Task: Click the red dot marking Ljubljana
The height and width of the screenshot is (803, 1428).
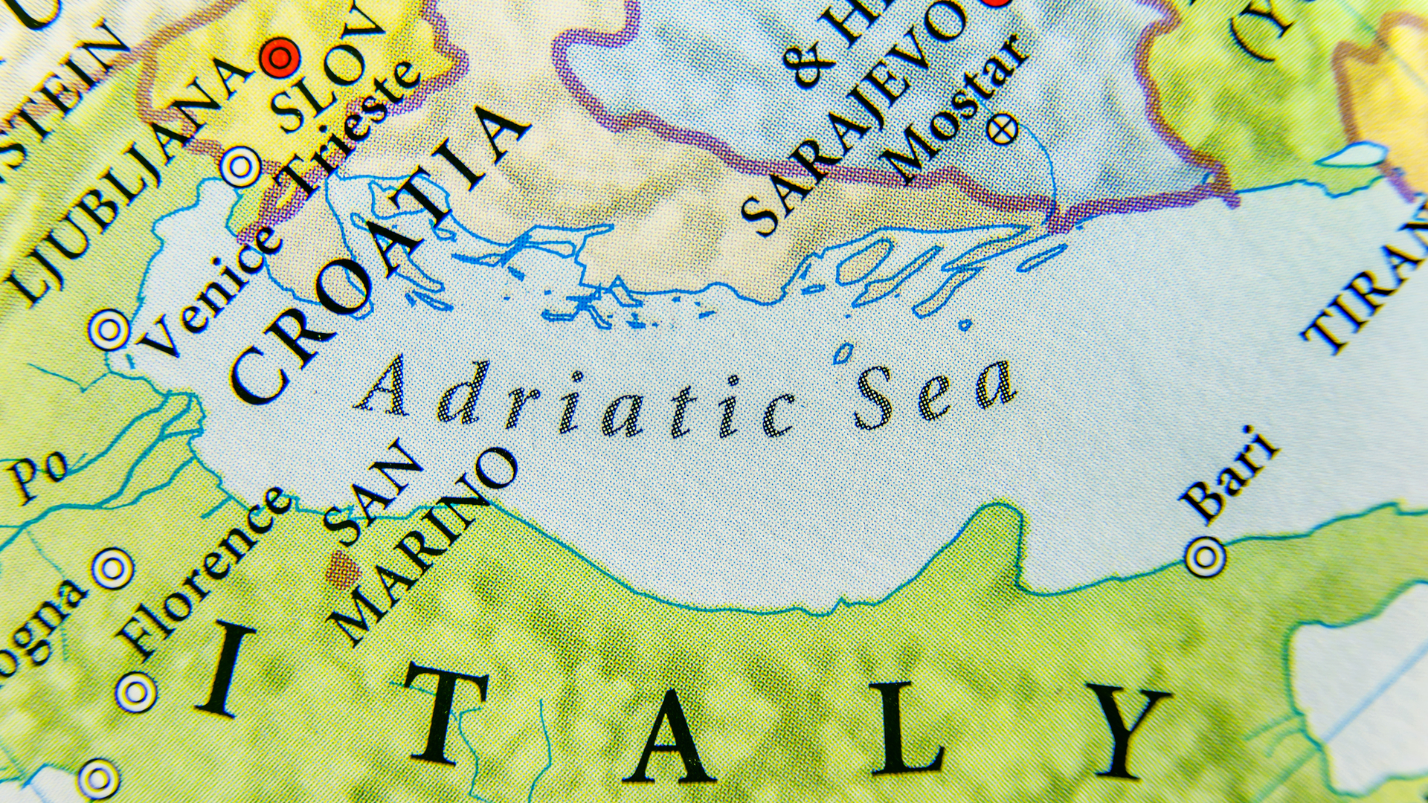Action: (x=280, y=57)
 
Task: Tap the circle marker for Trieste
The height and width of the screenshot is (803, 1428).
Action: (x=240, y=167)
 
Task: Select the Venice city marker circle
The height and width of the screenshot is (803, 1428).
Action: (x=109, y=329)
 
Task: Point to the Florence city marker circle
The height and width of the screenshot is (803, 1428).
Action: (x=112, y=569)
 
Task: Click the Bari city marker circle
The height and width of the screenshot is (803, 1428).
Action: (x=1205, y=556)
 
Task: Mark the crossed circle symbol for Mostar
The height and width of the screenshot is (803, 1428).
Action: (x=1002, y=130)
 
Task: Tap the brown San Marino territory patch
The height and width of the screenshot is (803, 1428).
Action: (x=343, y=570)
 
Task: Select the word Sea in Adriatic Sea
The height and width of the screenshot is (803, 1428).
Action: (x=933, y=394)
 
